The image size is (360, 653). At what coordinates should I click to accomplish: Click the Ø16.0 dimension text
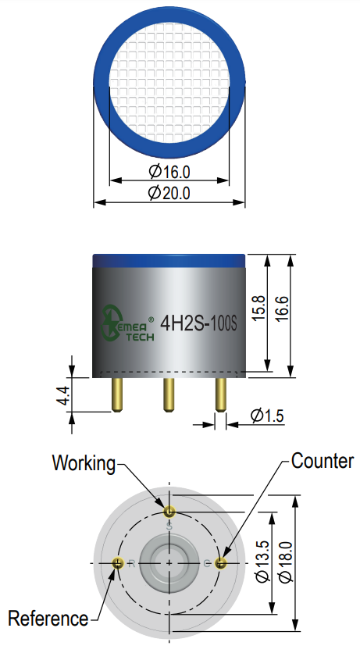[x=169, y=172]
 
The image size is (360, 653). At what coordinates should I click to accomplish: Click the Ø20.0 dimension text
[x=169, y=193]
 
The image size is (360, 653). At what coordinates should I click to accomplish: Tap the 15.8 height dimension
[x=258, y=308]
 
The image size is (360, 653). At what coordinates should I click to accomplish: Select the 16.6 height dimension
[x=282, y=309]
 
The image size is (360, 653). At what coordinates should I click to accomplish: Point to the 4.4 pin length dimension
[x=63, y=395]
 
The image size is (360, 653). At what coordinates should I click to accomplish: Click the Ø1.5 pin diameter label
[x=267, y=416]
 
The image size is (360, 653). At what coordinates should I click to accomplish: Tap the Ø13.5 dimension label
[x=263, y=562]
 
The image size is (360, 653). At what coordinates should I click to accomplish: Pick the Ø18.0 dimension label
[x=287, y=562]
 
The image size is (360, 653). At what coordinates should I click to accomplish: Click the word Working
[x=84, y=464]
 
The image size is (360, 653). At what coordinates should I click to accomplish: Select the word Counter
[x=323, y=461]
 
